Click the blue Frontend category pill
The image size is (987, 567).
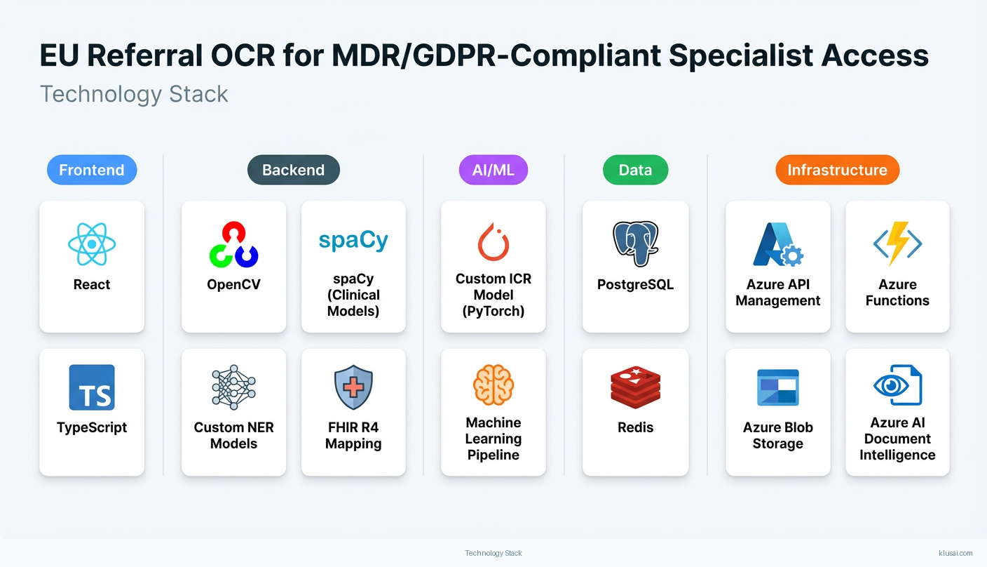pos(92,170)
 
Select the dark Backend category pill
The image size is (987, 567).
pos(294,170)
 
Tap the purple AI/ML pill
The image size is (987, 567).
pos(493,170)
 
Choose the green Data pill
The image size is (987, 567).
pos(635,170)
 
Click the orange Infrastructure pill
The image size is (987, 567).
pos(837,170)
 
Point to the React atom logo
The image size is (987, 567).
pos(92,244)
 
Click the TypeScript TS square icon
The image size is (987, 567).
pos(92,387)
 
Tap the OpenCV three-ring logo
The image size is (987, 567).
pos(233,244)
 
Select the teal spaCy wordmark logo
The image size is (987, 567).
pos(353,241)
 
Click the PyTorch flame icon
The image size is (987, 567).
pos(493,242)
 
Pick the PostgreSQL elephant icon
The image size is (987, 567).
pos(635,244)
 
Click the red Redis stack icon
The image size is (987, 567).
pos(635,387)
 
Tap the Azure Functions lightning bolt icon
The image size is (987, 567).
pos(897,244)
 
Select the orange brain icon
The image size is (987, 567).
pos(493,385)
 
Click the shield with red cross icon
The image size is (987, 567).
pos(353,387)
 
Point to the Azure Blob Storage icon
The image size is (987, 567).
pos(777,387)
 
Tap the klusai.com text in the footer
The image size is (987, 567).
pos(955,553)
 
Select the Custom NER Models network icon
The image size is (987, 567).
pos(233,387)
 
